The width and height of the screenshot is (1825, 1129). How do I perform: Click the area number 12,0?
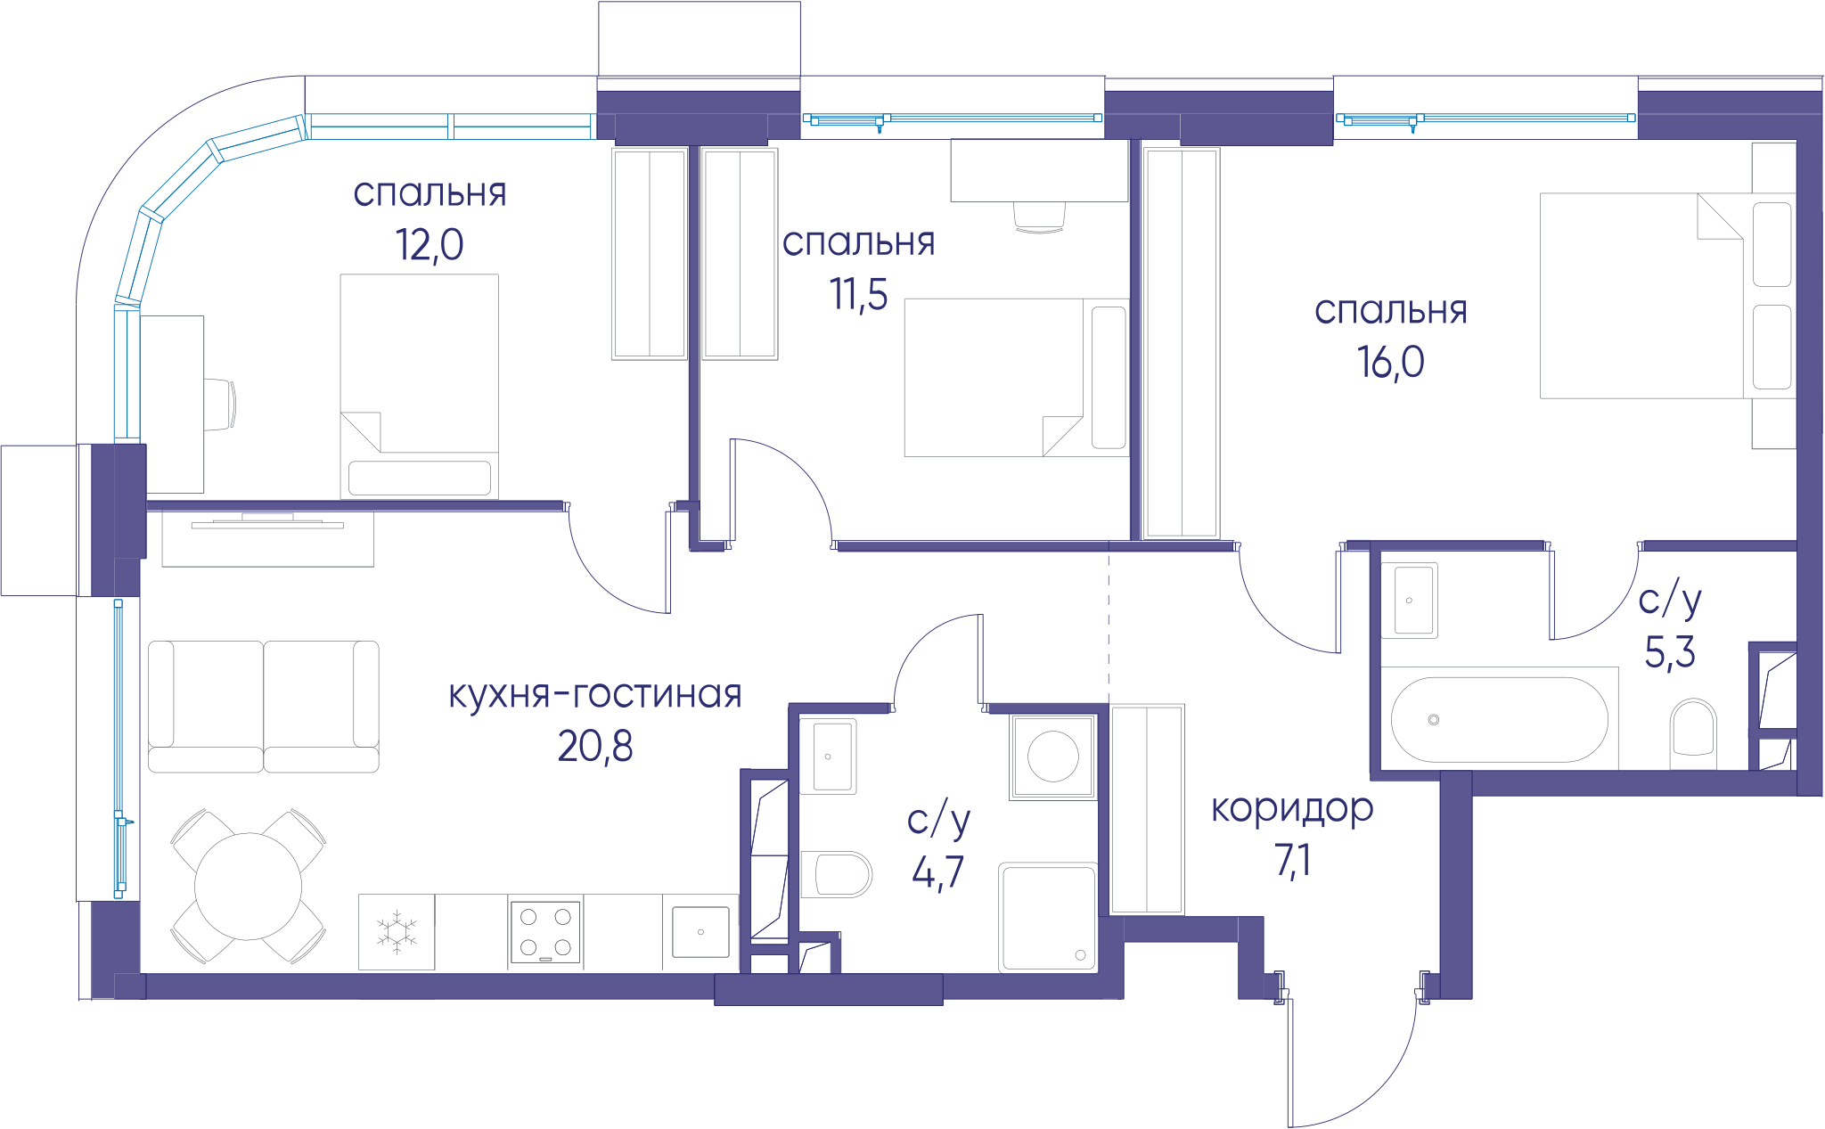(x=430, y=245)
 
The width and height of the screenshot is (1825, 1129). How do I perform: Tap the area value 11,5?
(x=859, y=294)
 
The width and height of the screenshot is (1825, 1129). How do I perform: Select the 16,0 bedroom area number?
(x=1390, y=363)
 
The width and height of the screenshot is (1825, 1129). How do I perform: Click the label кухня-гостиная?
(x=595, y=694)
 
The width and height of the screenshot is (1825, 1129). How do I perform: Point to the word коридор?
(x=1292, y=809)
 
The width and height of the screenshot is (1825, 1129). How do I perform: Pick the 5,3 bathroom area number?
(x=1670, y=652)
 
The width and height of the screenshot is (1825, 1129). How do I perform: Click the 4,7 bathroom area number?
(x=937, y=871)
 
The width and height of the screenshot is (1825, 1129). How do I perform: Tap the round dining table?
(x=248, y=887)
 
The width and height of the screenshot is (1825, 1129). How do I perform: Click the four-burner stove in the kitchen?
(x=545, y=932)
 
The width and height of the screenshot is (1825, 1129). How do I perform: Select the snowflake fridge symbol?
(x=397, y=932)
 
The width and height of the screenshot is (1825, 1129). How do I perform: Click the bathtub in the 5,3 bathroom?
(x=1500, y=719)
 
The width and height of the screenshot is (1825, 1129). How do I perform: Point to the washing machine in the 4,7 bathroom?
(x=1053, y=757)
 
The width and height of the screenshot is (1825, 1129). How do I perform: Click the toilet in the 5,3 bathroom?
(x=1693, y=733)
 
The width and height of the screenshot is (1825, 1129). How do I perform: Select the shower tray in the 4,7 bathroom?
(x=1048, y=916)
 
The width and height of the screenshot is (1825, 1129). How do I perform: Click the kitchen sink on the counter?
(x=700, y=932)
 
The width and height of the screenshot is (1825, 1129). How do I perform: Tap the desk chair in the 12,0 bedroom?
(x=220, y=405)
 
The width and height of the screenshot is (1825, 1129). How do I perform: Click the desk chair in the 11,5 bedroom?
(x=1040, y=217)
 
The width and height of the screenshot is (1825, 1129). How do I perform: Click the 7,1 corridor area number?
(x=1292, y=861)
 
